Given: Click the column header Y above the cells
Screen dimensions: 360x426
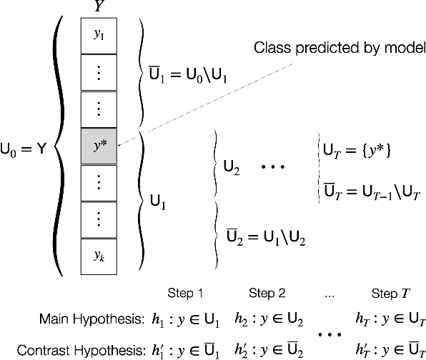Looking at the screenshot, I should click(x=97, y=8).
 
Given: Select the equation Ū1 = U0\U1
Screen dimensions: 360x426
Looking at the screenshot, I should click(x=188, y=74).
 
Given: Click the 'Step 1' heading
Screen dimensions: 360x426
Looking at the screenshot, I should click(x=186, y=294).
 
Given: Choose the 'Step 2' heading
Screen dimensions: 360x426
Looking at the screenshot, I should click(x=267, y=294).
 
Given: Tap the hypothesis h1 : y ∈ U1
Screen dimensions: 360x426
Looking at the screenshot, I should click(x=189, y=316).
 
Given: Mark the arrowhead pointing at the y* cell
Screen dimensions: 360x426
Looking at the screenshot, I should click(x=119, y=146).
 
